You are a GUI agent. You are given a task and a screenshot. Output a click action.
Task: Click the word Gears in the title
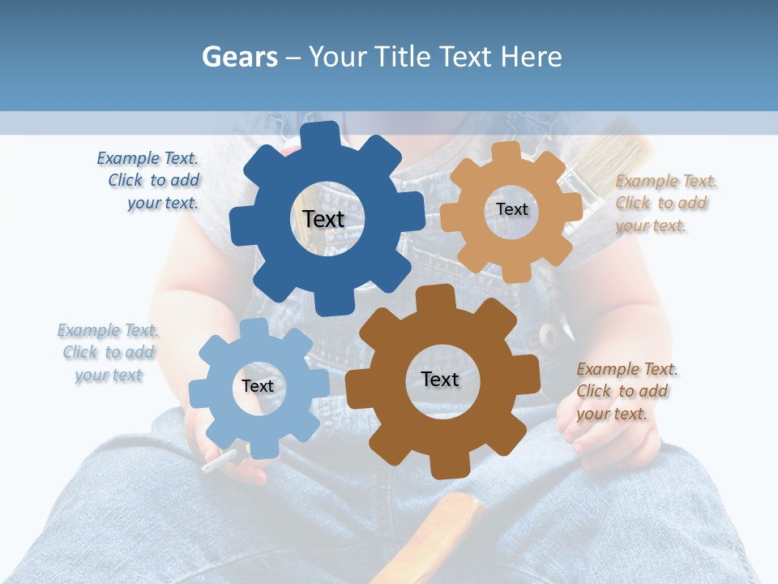[240, 57]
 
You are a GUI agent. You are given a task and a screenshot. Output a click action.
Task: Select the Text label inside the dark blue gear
[323, 219]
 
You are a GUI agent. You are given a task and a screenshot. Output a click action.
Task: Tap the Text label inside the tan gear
[511, 209]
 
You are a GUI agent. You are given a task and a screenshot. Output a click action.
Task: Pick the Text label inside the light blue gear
[258, 386]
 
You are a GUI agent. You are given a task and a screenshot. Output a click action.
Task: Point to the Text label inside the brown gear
[440, 380]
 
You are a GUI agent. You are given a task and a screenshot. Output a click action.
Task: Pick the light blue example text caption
[108, 353]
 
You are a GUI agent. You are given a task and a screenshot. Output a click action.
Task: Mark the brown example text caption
[623, 391]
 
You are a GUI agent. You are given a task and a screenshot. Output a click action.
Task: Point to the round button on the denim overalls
[550, 333]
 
